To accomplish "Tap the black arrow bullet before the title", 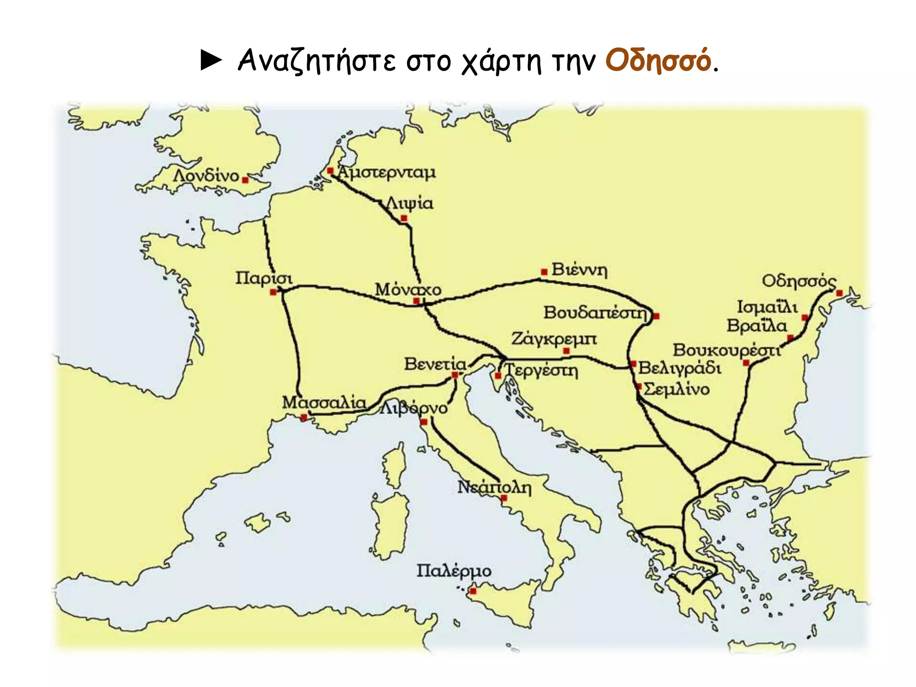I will [211, 60].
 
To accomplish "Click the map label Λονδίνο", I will [206, 176].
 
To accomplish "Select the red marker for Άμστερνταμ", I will [330, 170].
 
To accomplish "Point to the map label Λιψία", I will [410, 204].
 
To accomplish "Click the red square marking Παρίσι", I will [273, 292].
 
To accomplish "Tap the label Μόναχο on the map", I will [408, 289].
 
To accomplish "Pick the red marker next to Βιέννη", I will [544, 271].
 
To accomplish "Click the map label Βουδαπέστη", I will [595, 312].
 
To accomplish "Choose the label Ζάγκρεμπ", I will [554, 339].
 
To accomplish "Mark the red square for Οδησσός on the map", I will [839, 293].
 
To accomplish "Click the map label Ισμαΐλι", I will [767, 307].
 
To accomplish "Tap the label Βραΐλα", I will [756, 326].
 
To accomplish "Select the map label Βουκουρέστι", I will [726, 350].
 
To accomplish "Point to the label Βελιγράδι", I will [679, 368].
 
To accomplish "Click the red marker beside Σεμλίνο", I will [639, 386].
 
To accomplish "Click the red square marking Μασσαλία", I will [304, 417].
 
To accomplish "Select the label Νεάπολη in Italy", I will [494, 487].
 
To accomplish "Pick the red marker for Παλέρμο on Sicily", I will [473, 591].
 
